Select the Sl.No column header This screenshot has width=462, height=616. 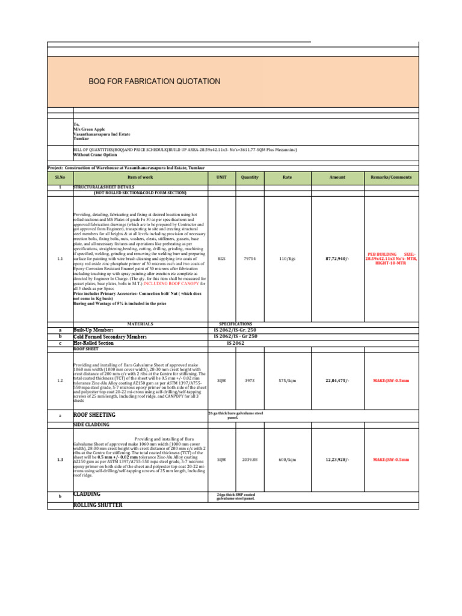click(x=60, y=177)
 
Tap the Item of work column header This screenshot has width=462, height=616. click(x=140, y=177)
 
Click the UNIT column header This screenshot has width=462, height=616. click(x=221, y=177)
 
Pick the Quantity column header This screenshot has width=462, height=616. click(x=250, y=177)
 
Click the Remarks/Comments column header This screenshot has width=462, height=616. click(x=391, y=177)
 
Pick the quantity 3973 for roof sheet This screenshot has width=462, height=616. click(x=250, y=381)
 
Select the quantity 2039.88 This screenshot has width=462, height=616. click(x=250, y=460)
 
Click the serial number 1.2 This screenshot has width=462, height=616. click(x=60, y=381)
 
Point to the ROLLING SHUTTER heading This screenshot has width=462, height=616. click(x=97, y=505)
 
